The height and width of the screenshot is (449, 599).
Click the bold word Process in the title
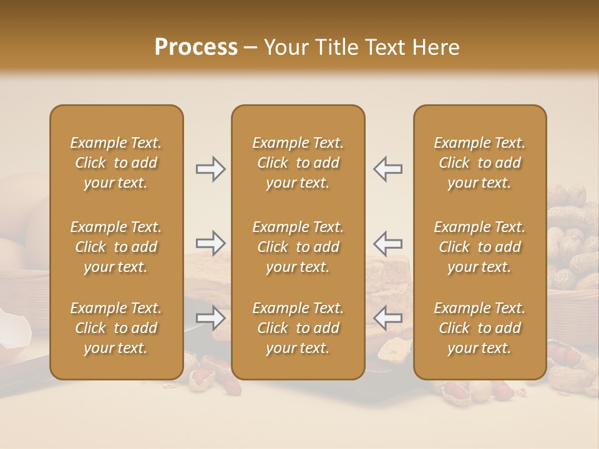click(196, 47)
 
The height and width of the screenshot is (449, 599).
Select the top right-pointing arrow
click(210, 169)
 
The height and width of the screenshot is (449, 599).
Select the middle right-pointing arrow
click(210, 243)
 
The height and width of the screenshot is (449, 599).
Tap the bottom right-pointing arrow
click(210, 318)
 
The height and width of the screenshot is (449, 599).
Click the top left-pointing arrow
click(388, 169)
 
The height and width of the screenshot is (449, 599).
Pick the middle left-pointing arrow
click(388, 243)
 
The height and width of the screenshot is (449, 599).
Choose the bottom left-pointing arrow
click(388, 318)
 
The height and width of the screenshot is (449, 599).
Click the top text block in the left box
click(116, 163)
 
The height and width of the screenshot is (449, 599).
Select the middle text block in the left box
click(116, 247)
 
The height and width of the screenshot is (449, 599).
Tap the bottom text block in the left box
click(116, 328)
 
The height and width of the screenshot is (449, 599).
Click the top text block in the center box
click(298, 163)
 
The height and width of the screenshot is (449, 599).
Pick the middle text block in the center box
click(298, 247)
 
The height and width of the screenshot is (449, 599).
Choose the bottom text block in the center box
click(298, 328)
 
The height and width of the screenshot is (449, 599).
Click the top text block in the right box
click(480, 163)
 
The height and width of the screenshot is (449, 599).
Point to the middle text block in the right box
click(480, 247)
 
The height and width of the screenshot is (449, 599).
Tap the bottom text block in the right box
click(480, 328)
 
